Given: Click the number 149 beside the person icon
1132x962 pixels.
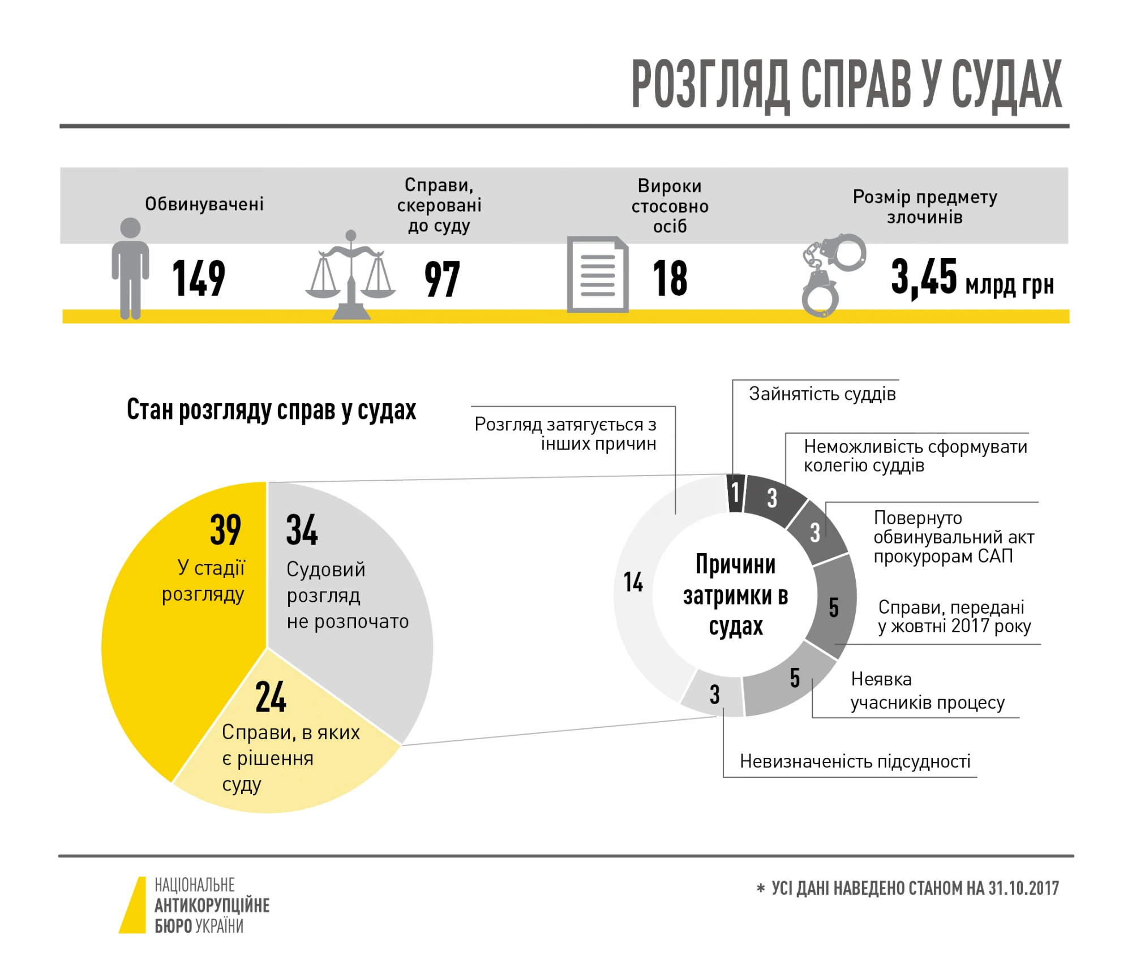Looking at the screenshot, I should coord(199,278).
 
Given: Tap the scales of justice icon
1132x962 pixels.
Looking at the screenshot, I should coord(351,277).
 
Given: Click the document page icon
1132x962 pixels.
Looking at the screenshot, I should coord(598,274).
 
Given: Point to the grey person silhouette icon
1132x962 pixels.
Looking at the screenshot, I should coord(130,269).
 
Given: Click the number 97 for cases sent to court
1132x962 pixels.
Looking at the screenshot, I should coord(442,279).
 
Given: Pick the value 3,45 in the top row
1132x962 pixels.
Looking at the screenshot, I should coord(923,277).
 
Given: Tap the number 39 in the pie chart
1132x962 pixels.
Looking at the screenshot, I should coord(225,530).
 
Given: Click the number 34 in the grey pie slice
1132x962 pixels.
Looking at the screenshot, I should coord(302,530).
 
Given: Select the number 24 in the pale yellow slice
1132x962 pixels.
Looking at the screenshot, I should coord(271,697).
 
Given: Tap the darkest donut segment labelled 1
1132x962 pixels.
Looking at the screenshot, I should coord(735,493).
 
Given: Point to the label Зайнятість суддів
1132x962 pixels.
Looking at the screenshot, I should coord(822,394).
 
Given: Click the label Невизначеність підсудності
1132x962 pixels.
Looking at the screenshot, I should coord(855,762).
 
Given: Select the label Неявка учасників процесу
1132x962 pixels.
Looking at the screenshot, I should coord(927,691).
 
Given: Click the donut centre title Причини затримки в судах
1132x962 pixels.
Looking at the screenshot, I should coord(735,596).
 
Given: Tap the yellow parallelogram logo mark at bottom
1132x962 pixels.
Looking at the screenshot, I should coord(134,905).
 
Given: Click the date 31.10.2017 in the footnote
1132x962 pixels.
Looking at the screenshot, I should coord(1023,888).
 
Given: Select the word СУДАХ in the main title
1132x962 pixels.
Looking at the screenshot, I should coord(1006,85).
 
